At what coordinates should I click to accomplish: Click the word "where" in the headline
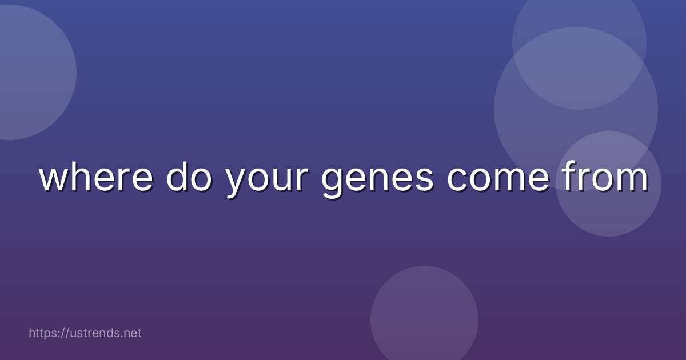[96, 178]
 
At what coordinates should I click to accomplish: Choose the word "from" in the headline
[604, 178]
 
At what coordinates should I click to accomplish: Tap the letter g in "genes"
[332, 183]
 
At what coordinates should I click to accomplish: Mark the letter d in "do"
[177, 178]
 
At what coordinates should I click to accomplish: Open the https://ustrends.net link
[85, 333]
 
